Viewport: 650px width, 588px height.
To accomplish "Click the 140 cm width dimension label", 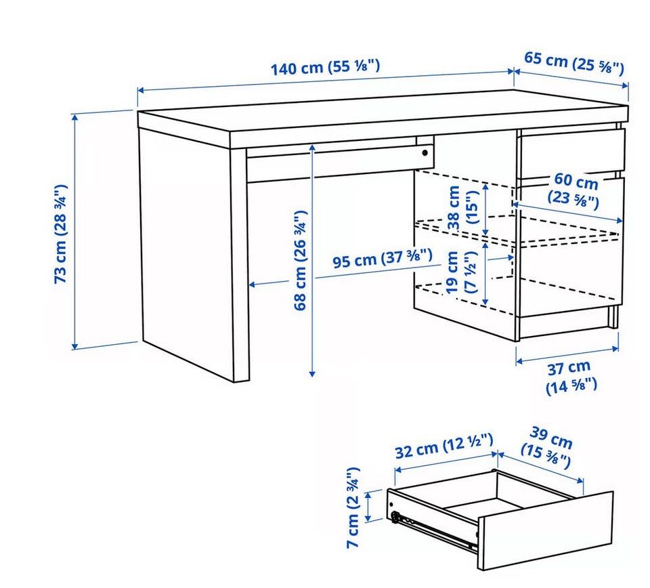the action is [x=325, y=67].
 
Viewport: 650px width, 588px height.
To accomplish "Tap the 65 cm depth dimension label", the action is [x=574, y=63].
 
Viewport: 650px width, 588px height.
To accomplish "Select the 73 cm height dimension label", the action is [x=60, y=234].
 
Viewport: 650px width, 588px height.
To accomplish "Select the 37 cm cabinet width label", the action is [x=571, y=376].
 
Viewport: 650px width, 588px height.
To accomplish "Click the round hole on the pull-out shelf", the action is [x=425, y=153].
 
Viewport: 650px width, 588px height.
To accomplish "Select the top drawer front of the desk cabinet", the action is [x=573, y=151].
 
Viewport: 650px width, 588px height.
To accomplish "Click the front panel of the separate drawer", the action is [x=545, y=532].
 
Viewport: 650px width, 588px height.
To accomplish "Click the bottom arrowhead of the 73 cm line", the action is [x=74, y=346].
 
